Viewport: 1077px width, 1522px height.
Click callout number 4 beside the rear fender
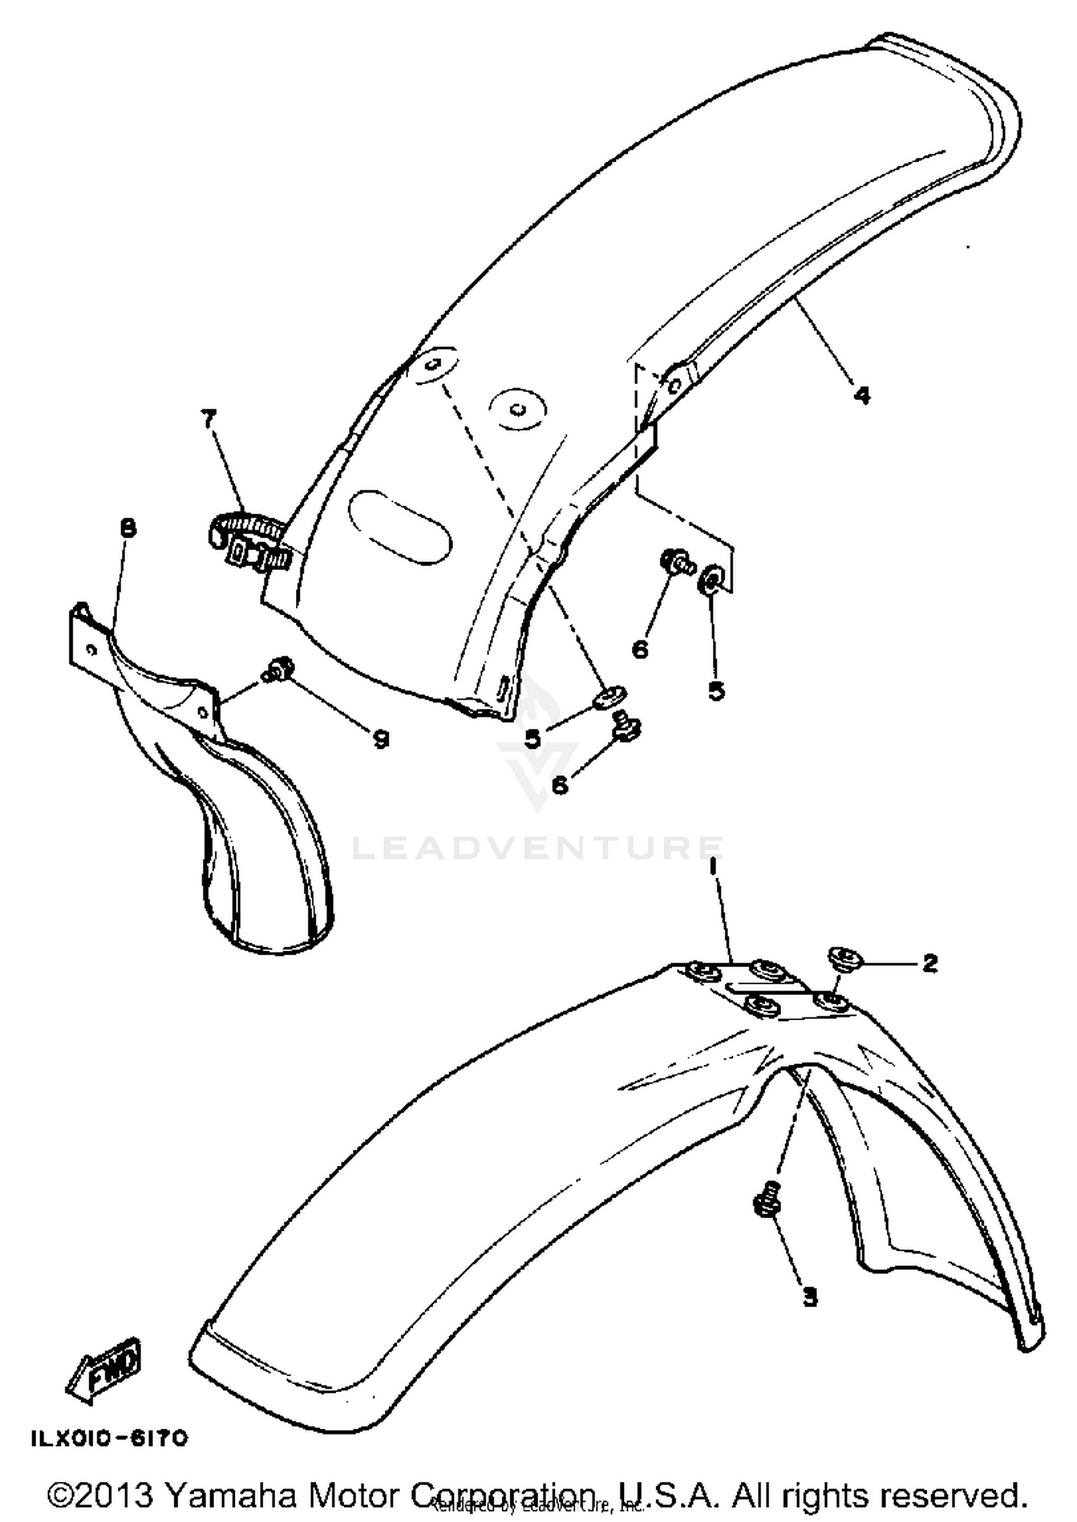point(862,394)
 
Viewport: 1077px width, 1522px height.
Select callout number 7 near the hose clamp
point(209,419)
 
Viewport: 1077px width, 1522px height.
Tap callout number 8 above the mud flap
point(128,529)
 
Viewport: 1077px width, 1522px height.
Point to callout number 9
point(380,738)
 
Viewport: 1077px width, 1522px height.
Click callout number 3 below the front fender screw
point(809,1297)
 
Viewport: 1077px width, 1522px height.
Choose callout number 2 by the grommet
point(929,963)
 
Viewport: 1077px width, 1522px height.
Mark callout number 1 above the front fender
point(713,867)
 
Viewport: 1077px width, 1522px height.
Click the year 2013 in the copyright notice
point(118,1495)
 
